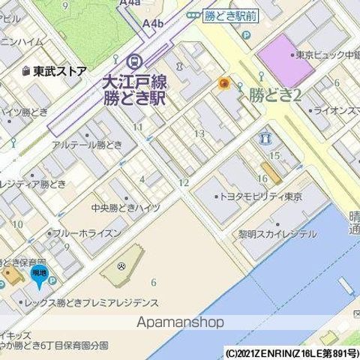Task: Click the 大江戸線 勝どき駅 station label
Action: [135, 88]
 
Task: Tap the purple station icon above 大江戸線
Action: [135, 61]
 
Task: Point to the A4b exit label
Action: [152, 23]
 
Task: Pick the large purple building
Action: [285, 61]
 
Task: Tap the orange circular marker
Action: [223, 83]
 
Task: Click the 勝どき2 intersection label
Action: [274, 94]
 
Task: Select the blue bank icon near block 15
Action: [266, 139]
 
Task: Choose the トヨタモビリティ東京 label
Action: [259, 196]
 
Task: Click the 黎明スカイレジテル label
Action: [277, 233]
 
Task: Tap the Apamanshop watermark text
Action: [181, 322]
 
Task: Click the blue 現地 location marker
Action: [38, 277]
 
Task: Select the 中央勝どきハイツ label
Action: [125, 208]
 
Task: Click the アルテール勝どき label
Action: [87, 145]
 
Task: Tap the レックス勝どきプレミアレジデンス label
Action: [94, 303]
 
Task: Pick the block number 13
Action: [199, 133]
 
